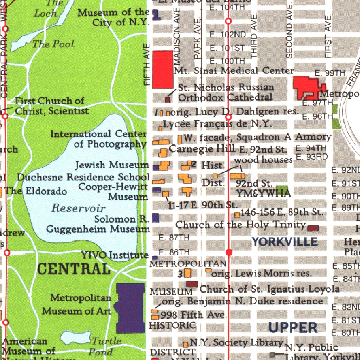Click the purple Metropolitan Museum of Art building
point(130,308)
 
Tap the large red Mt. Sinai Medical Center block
point(162,69)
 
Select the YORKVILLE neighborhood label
point(285,242)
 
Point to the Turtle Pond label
point(105,346)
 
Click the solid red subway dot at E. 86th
point(229,252)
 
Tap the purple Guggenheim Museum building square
point(155,218)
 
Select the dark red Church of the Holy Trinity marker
point(313,228)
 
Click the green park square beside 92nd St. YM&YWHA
point(282,189)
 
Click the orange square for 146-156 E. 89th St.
point(237,215)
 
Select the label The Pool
point(53,44)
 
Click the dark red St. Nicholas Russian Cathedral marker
point(168,100)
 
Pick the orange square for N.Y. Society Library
point(185,344)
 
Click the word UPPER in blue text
point(292,327)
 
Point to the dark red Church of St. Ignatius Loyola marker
point(192,284)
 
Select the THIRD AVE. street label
point(254,35)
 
